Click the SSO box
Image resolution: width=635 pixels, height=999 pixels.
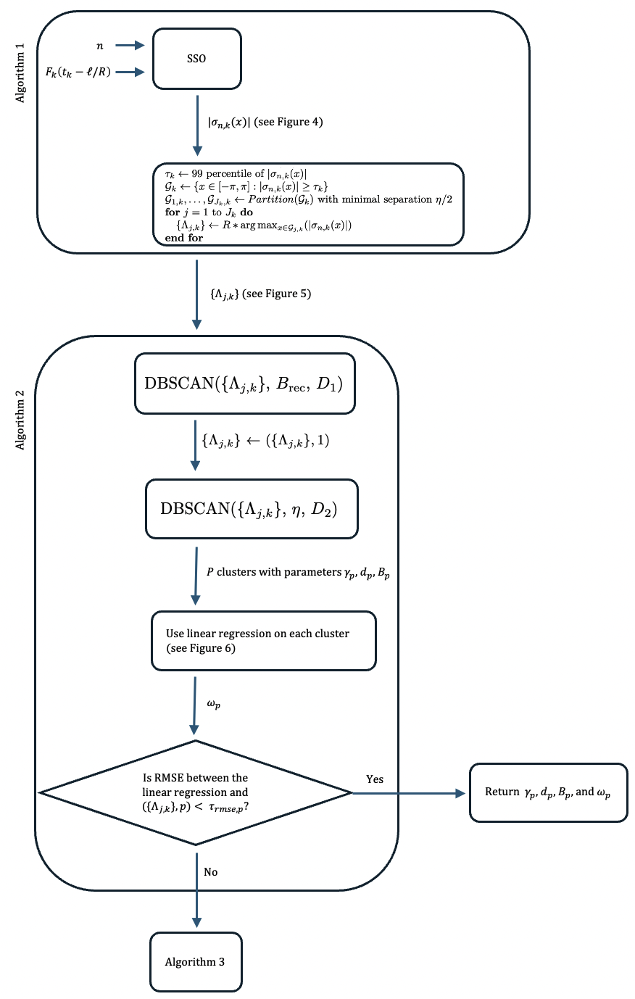pyautogui.click(x=196, y=59)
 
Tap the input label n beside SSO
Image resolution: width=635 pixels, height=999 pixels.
pyautogui.click(x=100, y=46)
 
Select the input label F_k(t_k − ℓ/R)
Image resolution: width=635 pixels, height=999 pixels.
pyautogui.click(x=78, y=71)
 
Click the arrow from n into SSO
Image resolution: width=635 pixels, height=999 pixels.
pyautogui.click(x=131, y=46)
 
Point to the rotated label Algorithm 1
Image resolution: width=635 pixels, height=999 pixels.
pyautogui.click(x=20, y=73)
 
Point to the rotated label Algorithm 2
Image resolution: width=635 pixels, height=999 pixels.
pyautogui.click(x=20, y=420)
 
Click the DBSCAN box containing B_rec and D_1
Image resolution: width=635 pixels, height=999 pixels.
pyautogui.click(x=245, y=383)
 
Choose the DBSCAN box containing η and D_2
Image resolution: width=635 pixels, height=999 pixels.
pyautogui.click(x=252, y=508)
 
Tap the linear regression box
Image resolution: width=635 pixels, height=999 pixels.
pyautogui.click(x=263, y=641)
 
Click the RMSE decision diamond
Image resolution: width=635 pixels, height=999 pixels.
pyautogui.click(x=196, y=792)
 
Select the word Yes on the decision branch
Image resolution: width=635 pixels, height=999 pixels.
pyautogui.click(x=375, y=779)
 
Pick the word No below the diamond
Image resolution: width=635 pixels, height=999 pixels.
pyautogui.click(x=211, y=872)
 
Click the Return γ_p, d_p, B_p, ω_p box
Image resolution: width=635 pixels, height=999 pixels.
pyautogui.click(x=548, y=792)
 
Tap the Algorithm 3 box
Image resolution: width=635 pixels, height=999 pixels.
pyautogui.click(x=195, y=962)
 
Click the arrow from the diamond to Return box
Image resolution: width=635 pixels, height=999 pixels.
pyautogui.click(x=410, y=793)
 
